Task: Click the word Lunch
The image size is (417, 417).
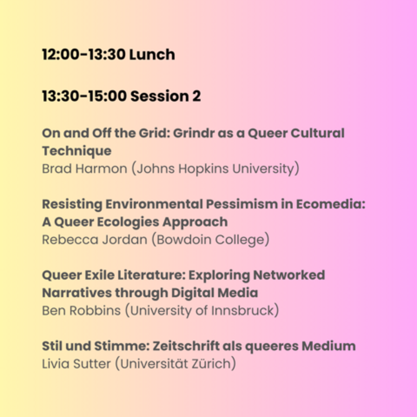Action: (x=152, y=54)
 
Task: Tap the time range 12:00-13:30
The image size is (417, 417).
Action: (x=84, y=54)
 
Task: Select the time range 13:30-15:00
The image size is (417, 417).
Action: (x=84, y=96)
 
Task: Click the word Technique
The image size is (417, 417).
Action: (x=77, y=151)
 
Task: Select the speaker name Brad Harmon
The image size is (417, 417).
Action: (x=85, y=169)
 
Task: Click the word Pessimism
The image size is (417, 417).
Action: (x=242, y=204)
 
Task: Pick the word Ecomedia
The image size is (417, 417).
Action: (x=331, y=204)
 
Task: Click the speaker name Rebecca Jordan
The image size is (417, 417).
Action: (x=95, y=240)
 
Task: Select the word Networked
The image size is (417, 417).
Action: (x=289, y=275)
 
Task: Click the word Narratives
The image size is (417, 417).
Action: (x=77, y=293)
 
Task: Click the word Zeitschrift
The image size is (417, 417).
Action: (x=186, y=346)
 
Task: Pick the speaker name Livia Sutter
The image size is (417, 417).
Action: (x=76, y=364)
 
